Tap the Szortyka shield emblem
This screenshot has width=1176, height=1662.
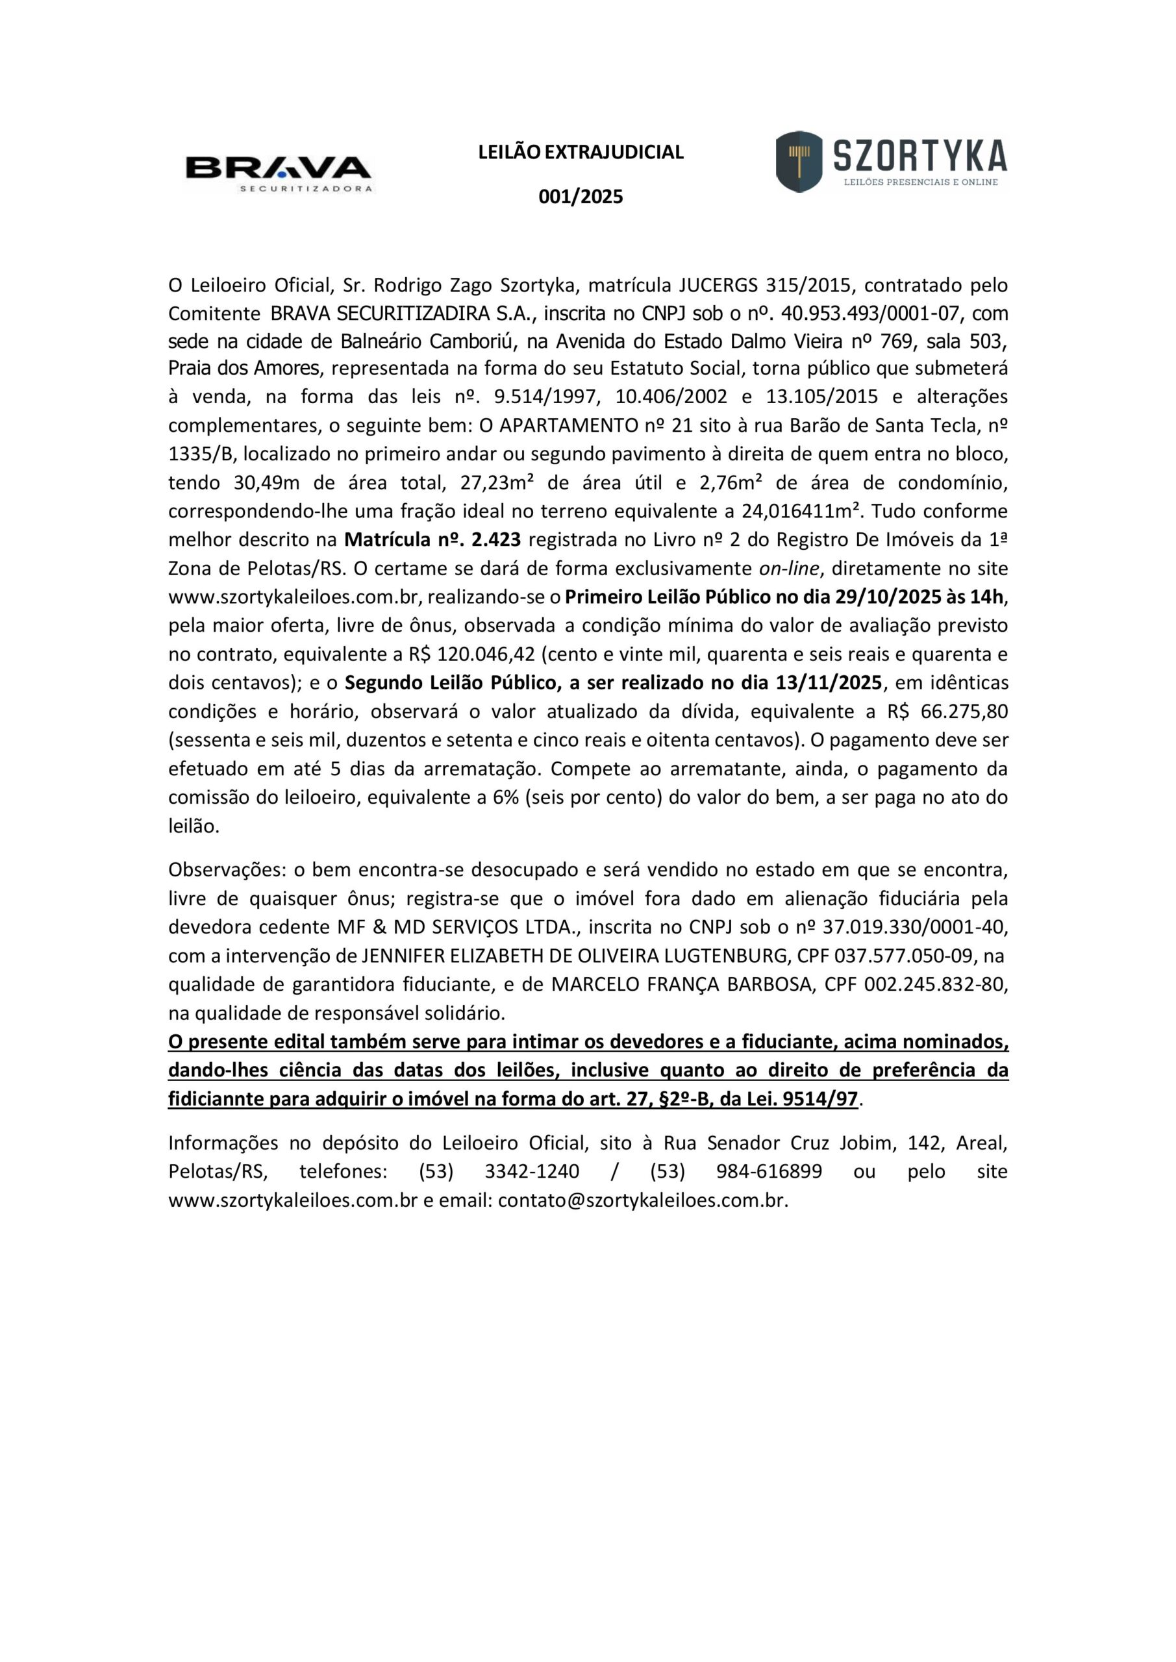pyautogui.click(x=799, y=161)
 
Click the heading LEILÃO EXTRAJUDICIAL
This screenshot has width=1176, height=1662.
pyautogui.click(x=581, y=152)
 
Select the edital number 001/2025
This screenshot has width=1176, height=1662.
pyautogui.click(x=581, y=197)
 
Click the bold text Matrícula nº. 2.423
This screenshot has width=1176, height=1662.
pyautogui.click(x=432, y=540)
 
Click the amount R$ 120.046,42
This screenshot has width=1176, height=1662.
pyautogui.click(x=471, y=654)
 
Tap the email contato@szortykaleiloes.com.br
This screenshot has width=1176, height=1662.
pyautogui.click(x=642, y=1200)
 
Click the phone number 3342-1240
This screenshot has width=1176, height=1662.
pyautogui.click(x=532, y=1171)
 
